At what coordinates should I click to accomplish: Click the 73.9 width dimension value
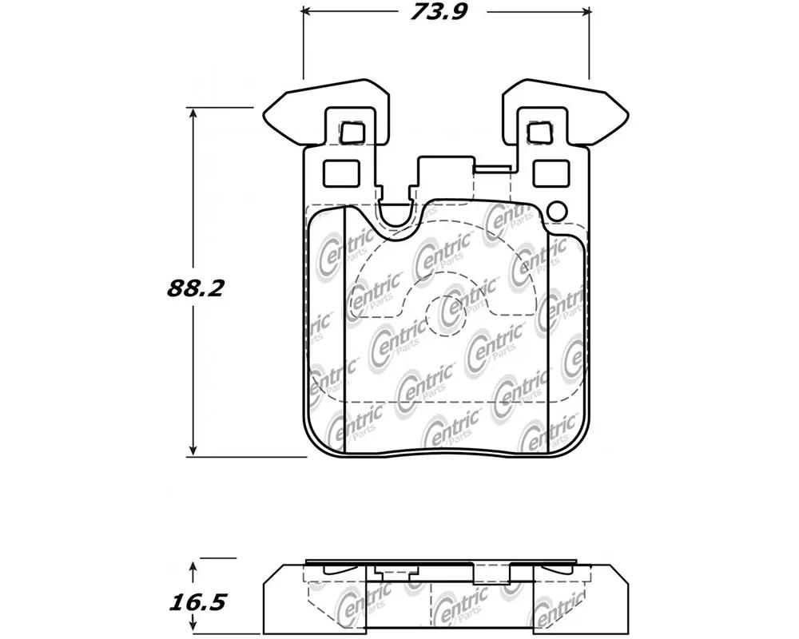[x=439, y=11]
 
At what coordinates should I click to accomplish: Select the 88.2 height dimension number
[x=195, y=289]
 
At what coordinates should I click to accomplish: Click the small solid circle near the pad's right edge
[x=556, y=211]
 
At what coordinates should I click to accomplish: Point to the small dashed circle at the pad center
[x=446, y=316]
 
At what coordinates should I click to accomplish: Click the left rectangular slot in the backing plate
[x=341, y=173]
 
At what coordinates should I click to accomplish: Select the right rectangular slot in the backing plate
[x=551, y=173]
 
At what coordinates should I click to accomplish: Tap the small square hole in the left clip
[x=351, y=133]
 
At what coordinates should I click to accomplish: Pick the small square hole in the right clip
[x=539, y=133]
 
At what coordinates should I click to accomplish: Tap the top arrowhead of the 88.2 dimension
[x=193, y=113]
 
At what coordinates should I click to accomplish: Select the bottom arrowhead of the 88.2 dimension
[x=193, y=450]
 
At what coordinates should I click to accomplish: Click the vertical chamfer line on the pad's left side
[x=345, y=330]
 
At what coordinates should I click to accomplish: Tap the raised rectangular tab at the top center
[x=446, y=176]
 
